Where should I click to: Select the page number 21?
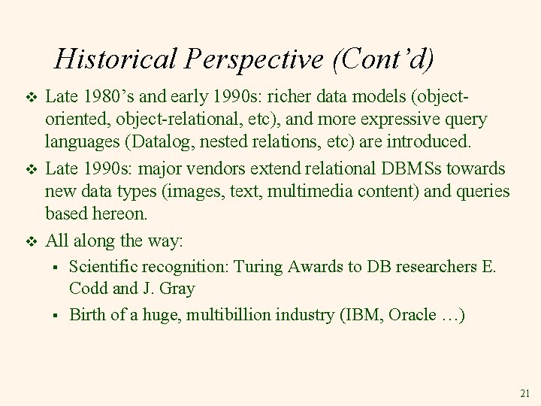(x=524, y=393)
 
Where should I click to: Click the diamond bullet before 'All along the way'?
(x=31, y=241)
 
